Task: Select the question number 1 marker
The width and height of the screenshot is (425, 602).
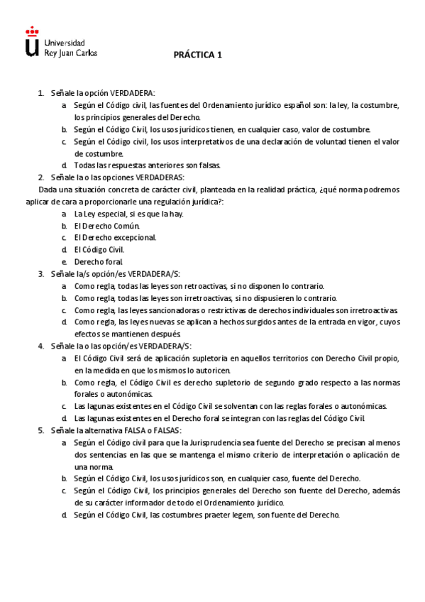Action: tap(40, 93)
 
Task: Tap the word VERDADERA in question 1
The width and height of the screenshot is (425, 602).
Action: tap(133, 93)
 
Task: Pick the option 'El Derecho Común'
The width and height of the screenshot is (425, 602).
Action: tap(107, 226)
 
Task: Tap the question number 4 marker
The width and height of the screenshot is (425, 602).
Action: tap(40, 346)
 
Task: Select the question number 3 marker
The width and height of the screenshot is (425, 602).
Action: tap(40, 273)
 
